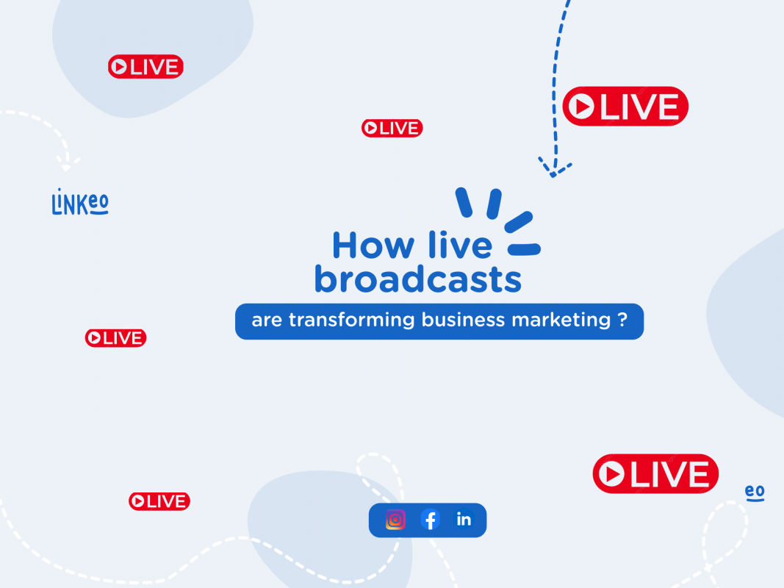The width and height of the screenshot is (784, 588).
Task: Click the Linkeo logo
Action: coord(80,203)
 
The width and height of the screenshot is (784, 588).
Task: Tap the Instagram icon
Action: coord(395,520)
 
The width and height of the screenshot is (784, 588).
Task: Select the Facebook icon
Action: coord(430,520)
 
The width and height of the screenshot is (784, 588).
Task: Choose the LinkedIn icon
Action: coord(464,520)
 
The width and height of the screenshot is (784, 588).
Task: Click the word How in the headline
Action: coord(373,245)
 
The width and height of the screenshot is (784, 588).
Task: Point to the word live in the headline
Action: coord(460,245)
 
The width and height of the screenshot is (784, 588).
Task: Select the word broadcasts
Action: coord(418,279)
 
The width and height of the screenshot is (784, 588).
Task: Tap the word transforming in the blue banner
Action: coord(351,320)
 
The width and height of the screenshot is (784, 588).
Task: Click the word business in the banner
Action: coord(463,320)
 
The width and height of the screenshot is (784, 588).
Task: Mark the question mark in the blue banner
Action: coord(622,319)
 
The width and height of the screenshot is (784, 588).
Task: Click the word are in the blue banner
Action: coord(267,320)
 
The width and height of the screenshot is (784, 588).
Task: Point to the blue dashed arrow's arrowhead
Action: coord(554,168)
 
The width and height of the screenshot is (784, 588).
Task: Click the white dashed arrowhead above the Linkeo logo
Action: coord(67,163)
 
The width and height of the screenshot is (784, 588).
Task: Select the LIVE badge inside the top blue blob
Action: coord(145,66)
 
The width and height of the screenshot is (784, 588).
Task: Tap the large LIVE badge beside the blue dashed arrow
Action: coord(625,106)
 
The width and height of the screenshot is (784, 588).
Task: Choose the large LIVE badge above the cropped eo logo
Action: coord(655,473)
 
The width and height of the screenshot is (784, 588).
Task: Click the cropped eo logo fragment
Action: coord(755,492)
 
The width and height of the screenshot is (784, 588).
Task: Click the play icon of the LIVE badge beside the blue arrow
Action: coord(581,106)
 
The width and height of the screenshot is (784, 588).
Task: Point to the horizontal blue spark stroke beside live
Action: coord(524,249)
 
